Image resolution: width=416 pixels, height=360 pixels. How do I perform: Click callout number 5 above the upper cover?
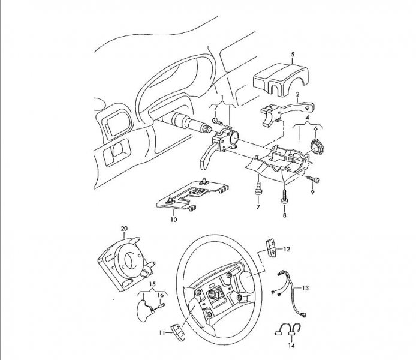click(293, 55)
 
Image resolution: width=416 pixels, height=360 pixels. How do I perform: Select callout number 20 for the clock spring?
click(124, 229)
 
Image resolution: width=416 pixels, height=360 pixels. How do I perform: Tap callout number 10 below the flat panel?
click(174, 220)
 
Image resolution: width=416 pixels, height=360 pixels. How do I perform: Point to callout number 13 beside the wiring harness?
click(305, 288)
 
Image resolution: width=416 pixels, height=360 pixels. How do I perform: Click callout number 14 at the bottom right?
click(291, 346)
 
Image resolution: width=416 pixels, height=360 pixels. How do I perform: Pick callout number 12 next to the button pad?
click(287, 249)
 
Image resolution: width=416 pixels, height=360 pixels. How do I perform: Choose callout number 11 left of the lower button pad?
click(162, 332)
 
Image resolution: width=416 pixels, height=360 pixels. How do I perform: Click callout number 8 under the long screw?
click(284, 215)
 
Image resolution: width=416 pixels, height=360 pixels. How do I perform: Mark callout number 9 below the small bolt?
click(312, 192)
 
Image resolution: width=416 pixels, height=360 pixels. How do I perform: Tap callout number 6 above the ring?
click(316, 128)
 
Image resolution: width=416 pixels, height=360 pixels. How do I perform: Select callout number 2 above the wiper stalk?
click(298, 94)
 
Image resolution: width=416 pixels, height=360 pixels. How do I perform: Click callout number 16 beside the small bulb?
click(160, 295)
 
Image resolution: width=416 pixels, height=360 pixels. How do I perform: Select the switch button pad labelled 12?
click(271, 247)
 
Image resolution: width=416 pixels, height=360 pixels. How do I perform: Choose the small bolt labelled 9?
click(313, 179)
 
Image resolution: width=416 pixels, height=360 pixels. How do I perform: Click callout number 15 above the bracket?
click(152, 284)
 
